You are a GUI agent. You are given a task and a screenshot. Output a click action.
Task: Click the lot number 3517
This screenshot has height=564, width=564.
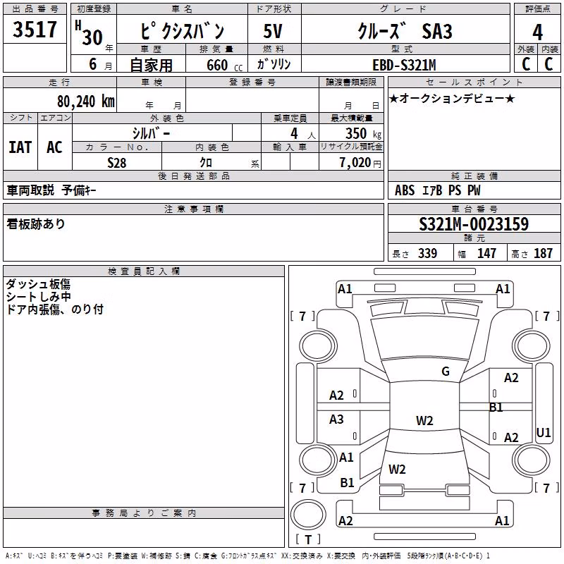click(x=35, y=29)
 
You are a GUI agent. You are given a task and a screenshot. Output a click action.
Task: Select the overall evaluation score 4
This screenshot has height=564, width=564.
click(x=537, y=32)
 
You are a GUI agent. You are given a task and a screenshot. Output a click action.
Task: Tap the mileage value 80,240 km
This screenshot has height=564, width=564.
click(x=85, y=102)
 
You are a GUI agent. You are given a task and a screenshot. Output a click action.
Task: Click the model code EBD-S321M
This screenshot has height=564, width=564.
click(x=404, y=65)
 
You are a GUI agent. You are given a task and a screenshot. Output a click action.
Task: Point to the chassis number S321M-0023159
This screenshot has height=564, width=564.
click(x=474, y=224)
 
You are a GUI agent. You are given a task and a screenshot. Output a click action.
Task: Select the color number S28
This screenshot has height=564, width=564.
click(x=117, y=163)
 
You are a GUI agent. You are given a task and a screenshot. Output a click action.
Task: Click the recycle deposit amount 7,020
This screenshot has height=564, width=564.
click(x=355, y=163)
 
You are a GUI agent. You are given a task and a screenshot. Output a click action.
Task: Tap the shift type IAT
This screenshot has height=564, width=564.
click(x=20, y=147)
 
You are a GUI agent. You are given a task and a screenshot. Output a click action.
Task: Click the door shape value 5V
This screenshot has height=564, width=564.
click(x=273, y=31)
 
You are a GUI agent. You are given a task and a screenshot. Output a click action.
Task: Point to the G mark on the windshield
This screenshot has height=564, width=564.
click(x=446, y=372)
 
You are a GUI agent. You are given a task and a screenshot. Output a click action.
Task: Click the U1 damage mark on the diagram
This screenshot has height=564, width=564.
click(x=543, y=432)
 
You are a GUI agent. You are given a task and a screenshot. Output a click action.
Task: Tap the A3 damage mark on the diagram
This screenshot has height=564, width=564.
click(x=336, y=419)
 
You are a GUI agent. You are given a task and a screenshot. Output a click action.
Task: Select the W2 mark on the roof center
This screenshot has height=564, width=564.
click(x=424, y=420)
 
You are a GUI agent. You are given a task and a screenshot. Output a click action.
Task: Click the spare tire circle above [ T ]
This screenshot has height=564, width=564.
click(x=308, y=515)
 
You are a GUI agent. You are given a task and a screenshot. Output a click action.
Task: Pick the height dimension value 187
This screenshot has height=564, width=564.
click(x=543, y=253)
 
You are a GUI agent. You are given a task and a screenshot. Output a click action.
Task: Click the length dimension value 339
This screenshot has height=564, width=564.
click(x=428, y=253)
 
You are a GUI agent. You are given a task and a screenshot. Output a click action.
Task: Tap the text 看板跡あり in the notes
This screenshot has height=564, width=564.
click(x=36, y=224)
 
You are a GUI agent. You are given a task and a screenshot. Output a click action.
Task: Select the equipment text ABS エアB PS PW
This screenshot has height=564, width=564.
click(x=437, y=190)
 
